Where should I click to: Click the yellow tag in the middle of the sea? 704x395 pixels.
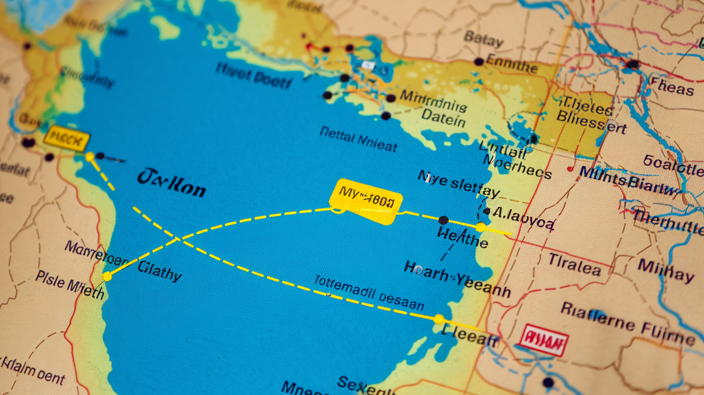pos(366,200)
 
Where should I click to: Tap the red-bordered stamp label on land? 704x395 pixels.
pos(543,340)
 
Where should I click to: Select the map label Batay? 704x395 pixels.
pos(483,39)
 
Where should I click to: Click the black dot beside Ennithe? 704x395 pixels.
pos(479,62)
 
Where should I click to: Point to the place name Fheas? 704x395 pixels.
pos(671,85)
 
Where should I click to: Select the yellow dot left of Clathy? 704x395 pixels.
pos(107,276)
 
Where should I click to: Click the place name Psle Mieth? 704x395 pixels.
pos(70,284)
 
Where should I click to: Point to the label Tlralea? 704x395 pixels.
pos(574,264)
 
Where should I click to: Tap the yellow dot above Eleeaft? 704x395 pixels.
pos(438,319)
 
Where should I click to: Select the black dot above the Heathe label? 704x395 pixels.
pos(443,220)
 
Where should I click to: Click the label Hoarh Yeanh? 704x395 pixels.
pos(457,279)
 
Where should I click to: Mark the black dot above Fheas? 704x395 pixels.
pos(633,64)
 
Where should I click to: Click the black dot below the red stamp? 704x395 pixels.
pos(547,383)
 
